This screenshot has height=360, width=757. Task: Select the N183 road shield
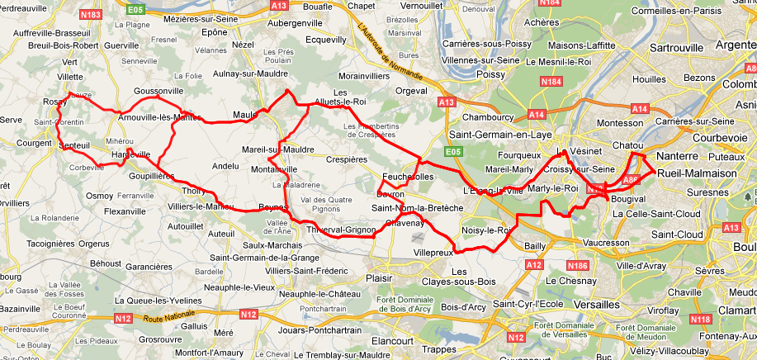point(92,16)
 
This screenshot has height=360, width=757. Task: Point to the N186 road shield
point(579,265)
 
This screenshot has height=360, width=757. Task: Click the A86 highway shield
point(632,178)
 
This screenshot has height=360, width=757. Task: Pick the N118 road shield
point(700,320)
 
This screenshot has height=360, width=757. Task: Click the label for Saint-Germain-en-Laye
point(501,134)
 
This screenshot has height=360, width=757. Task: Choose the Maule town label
point(245,114)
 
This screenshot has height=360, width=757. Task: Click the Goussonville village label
point(158,92)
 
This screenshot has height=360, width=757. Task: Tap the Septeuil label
point(74,145)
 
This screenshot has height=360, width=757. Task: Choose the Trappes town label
point(439,349)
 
